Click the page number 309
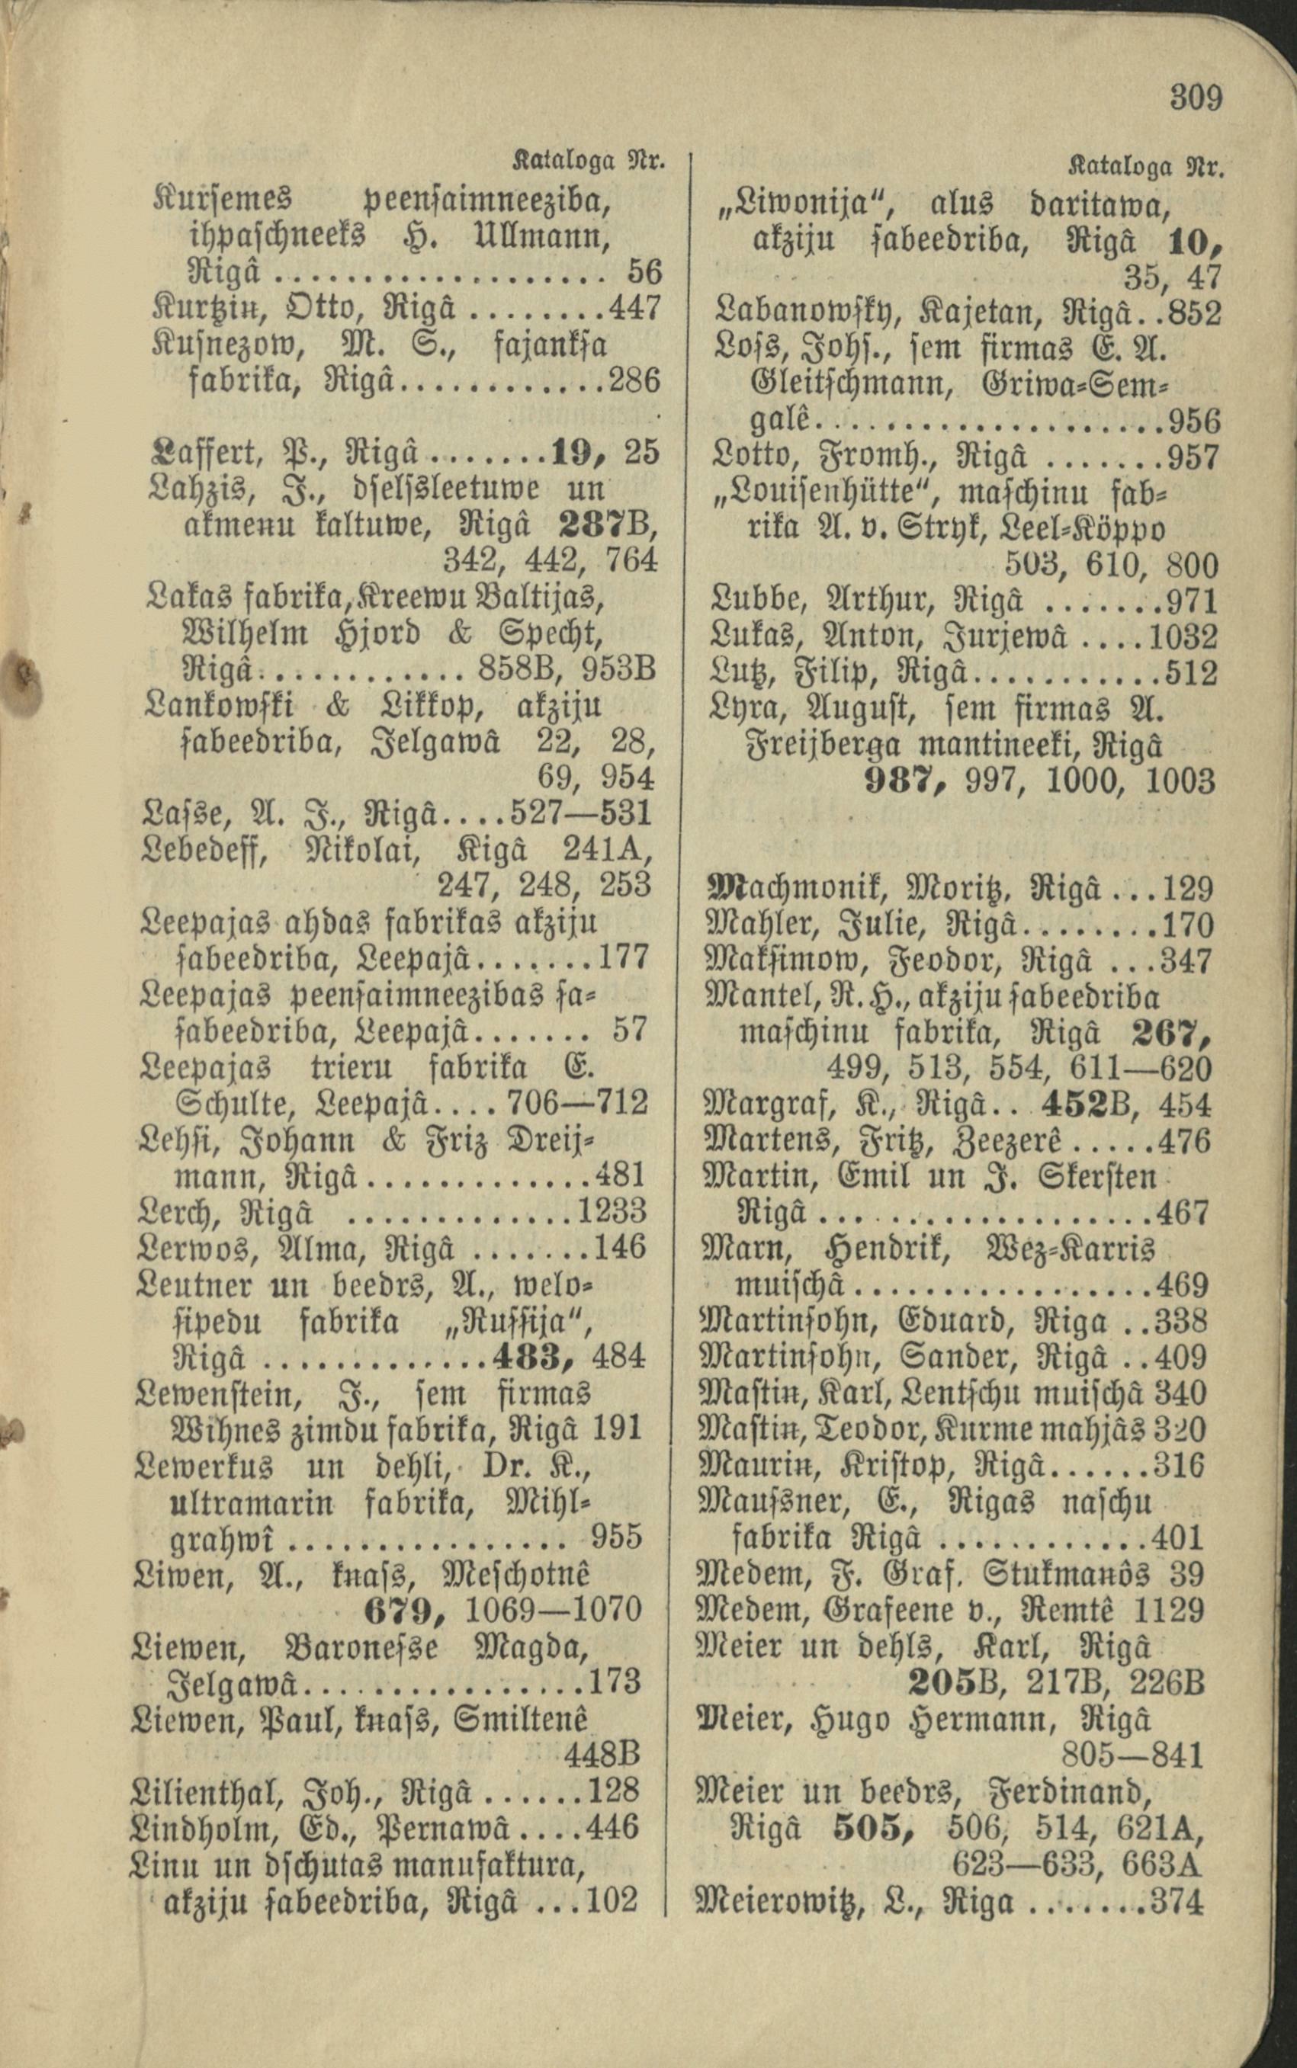1196,98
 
